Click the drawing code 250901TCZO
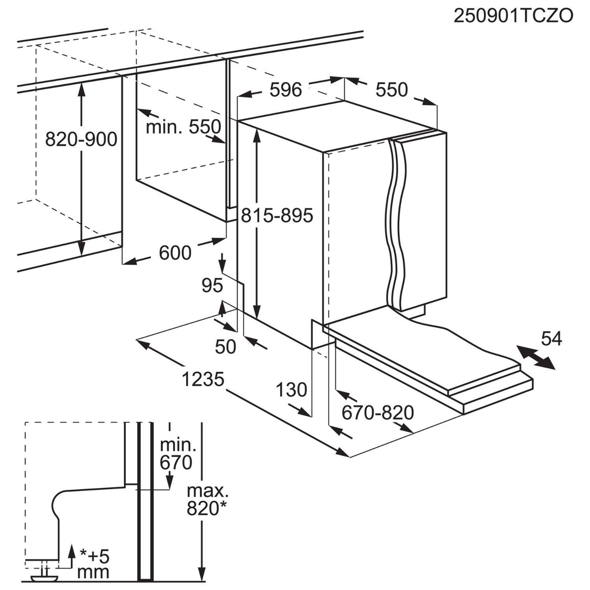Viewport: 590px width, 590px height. (x=513, y=16)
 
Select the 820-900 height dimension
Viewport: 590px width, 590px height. (x=81, y=139)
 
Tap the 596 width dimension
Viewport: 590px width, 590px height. (x=286, y=90)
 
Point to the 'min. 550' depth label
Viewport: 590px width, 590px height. (x=183, y=127)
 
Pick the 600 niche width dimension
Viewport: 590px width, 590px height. (x=175, y=253)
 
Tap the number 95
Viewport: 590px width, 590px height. (x=212, y=286)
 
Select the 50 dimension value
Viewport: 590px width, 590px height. (x=226, y=347)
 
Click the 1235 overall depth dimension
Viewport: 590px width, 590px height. (x=203, y=380)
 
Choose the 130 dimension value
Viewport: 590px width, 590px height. (x=291, y=390)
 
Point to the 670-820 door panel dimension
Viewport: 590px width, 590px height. (x=378, y=413)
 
